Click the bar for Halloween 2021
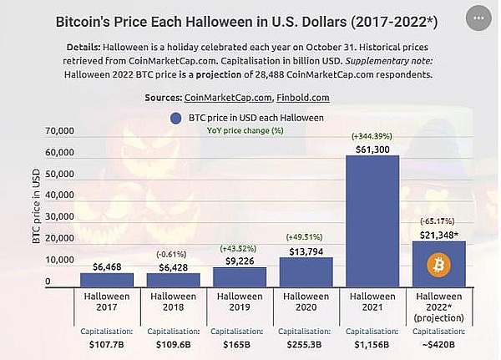tap(372, 221)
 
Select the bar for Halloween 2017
tap(107, 279)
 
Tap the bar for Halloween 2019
tap(240, 276)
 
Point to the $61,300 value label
tap(372, 148)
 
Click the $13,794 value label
tap(306, 249)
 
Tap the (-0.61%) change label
tap(173, 254)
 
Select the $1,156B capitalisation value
tap(372, 342)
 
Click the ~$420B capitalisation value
tap(438, 342)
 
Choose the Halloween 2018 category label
tap(173, 301)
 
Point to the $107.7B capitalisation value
tap(107, 342)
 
